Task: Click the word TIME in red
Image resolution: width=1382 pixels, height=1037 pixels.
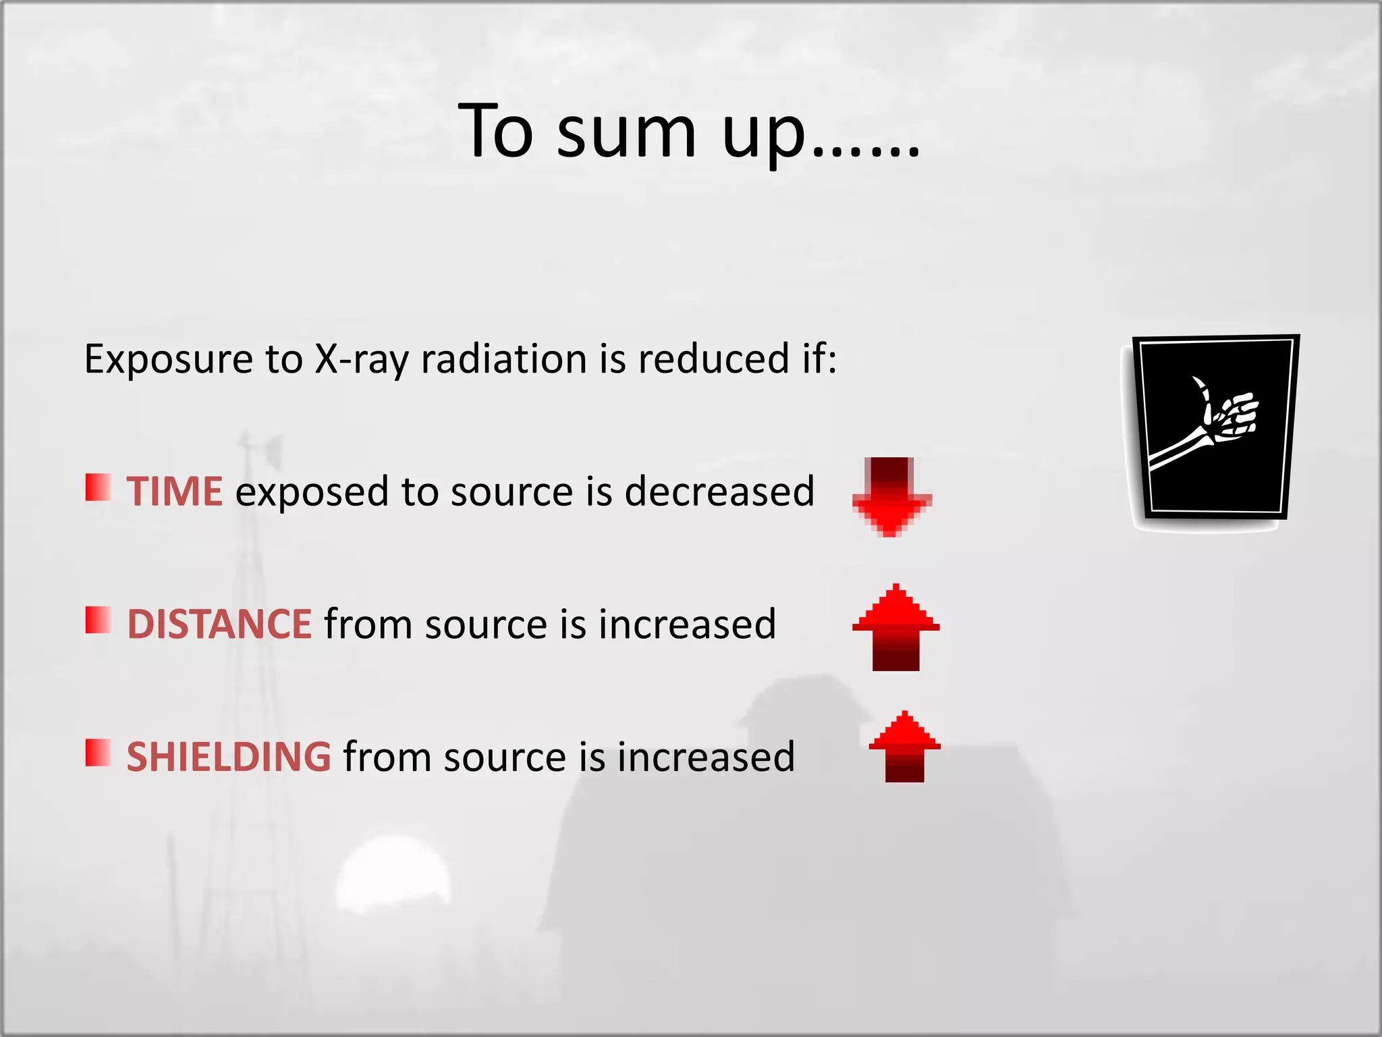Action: [174, 491]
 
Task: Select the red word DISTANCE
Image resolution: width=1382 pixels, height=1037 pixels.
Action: [219, 624]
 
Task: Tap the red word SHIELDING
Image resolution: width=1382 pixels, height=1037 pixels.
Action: [229, 757]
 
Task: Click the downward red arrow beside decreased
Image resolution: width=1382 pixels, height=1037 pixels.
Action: [891, 497]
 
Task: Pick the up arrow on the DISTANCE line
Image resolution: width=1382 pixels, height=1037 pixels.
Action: [895, 627]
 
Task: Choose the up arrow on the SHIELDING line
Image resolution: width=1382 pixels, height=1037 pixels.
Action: [904, 746]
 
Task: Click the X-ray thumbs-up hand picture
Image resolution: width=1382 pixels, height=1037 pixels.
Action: [1214, 428]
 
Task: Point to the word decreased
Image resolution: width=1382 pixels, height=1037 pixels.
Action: [719, 491]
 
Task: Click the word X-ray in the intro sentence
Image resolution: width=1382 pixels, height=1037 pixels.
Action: [362, 358]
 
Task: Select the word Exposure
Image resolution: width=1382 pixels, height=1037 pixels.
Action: [168, 358]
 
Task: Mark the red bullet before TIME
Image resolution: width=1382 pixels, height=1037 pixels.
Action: [98, 487]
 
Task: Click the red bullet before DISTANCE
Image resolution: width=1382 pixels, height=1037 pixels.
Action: [98, 620]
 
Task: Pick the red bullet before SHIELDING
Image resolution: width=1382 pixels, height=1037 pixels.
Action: [98, 753]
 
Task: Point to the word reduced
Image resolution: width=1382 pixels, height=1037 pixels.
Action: [713, 358]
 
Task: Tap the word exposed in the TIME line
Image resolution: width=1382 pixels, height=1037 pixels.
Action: [312, 492]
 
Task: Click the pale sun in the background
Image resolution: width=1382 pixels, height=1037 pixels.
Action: [393, 875]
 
